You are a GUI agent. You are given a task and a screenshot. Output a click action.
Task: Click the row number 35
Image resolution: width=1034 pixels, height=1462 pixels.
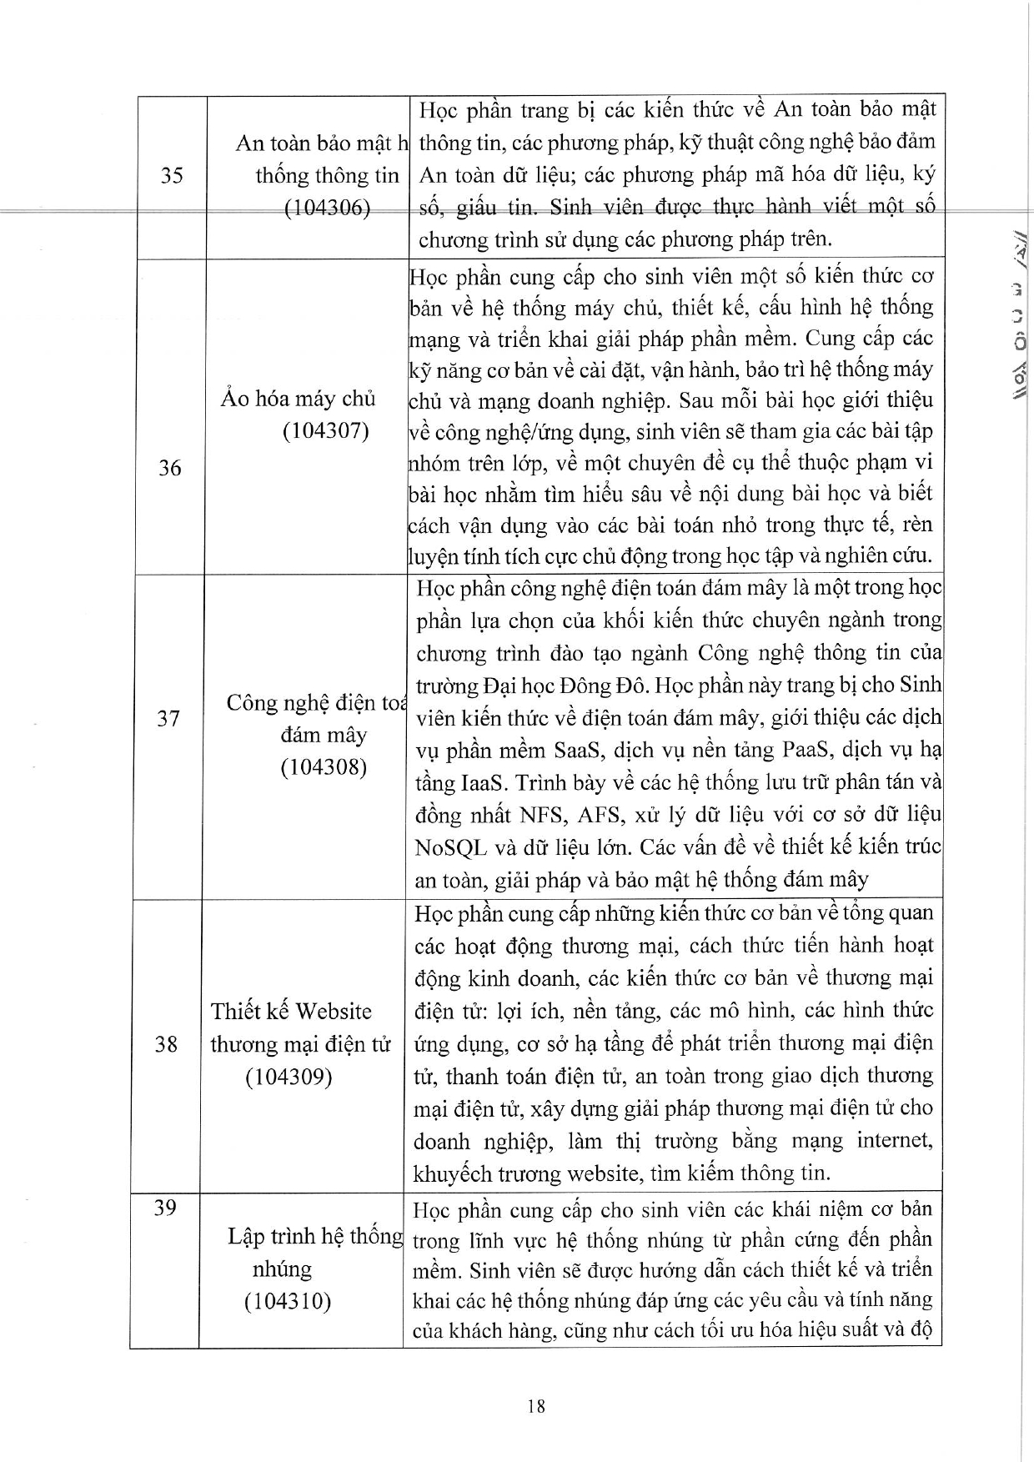(x=172, y=176)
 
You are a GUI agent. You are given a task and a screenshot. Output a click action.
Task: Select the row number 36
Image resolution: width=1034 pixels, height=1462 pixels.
(x=169, y=468)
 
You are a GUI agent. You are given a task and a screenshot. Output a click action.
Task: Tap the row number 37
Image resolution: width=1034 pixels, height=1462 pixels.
(x=168, y=718)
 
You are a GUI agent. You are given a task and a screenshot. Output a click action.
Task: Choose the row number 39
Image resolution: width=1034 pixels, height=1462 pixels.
(x=165, y=1207)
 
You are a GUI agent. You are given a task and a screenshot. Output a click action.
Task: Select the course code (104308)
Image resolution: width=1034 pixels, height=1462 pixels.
(x=324, y=767)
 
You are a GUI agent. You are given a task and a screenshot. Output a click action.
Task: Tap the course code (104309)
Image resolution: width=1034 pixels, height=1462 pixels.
(x=289, y=1077)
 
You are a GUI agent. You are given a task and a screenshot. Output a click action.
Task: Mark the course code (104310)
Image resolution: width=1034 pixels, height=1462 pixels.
(x=288, y=1301)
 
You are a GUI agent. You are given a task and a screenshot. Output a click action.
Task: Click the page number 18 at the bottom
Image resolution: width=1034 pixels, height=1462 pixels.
(x=536, y=1407)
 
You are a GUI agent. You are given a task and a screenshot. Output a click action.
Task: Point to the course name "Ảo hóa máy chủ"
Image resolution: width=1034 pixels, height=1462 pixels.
(x=298, y=399)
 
